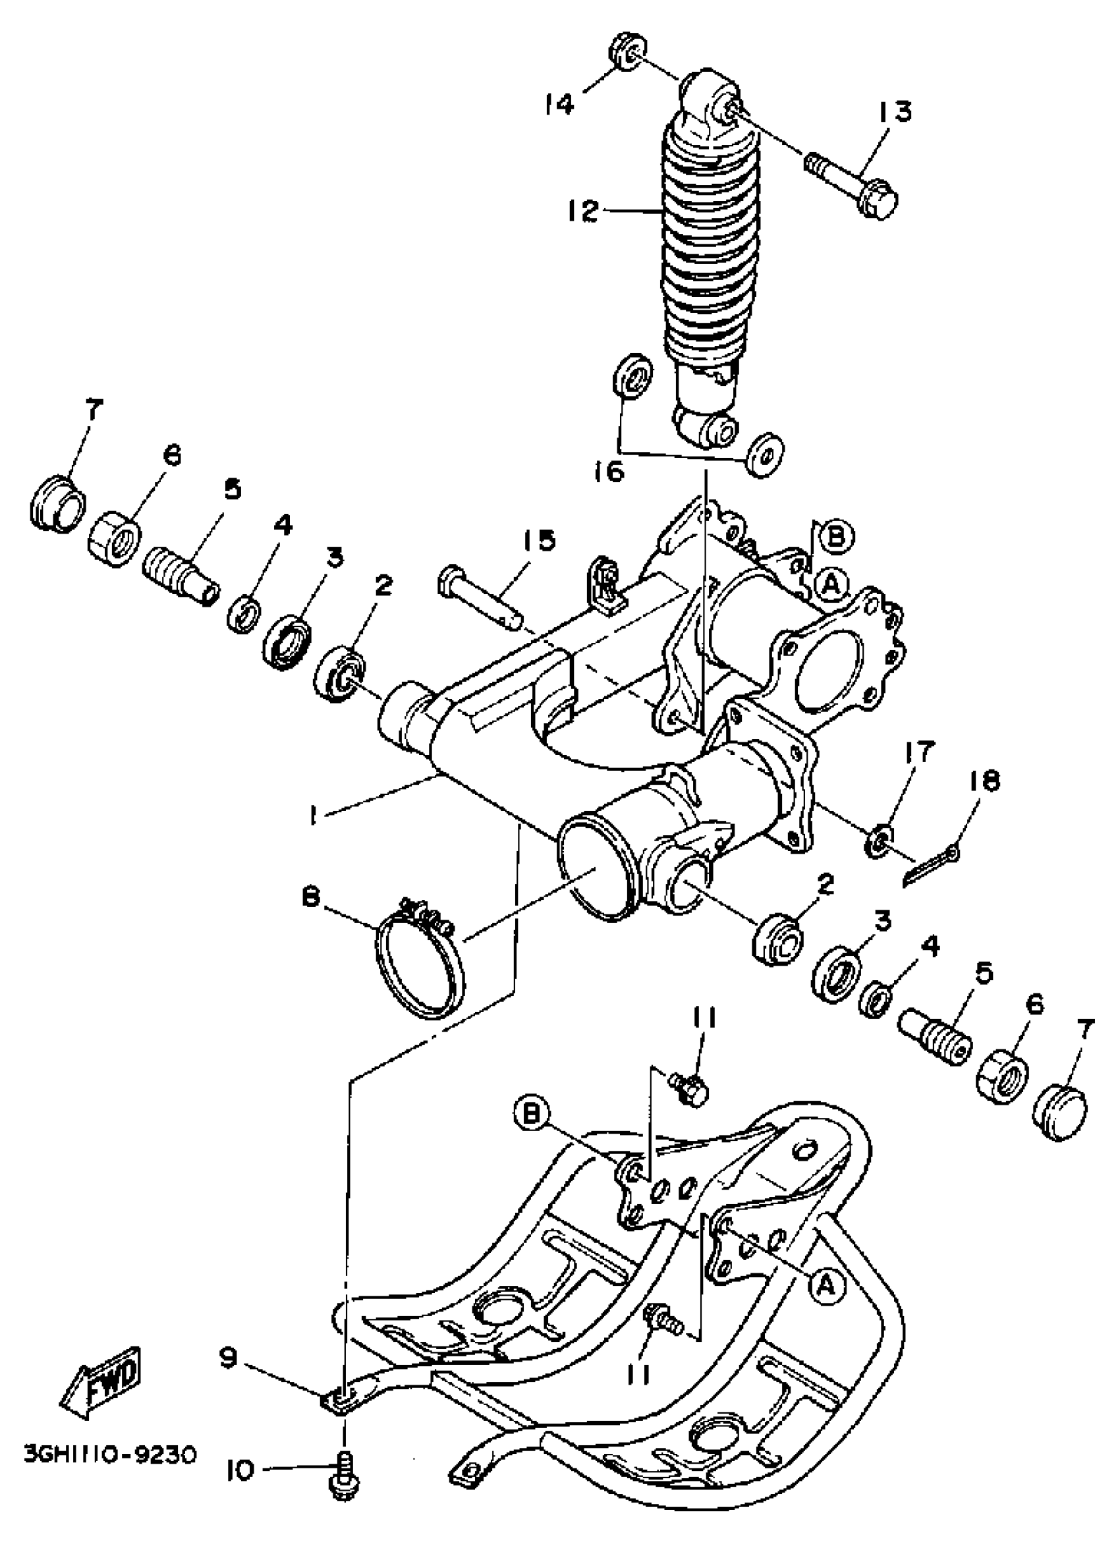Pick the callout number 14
(x=559, y=105)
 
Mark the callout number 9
(x=228, y=1340)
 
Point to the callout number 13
(x=894, y=111)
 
